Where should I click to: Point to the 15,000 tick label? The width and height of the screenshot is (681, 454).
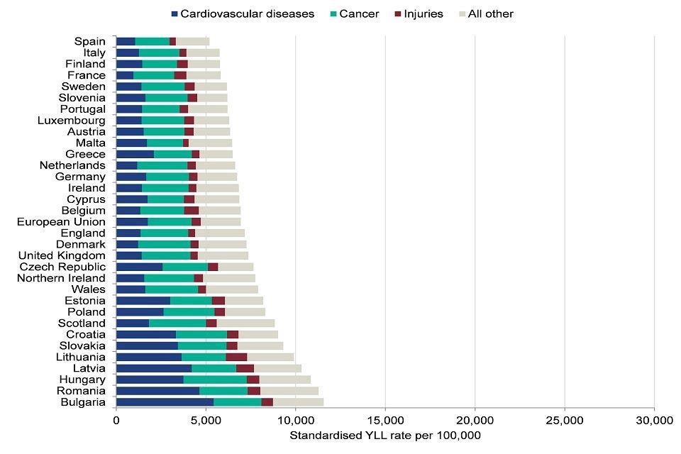385,420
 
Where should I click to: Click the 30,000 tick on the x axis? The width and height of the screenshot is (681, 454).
653,420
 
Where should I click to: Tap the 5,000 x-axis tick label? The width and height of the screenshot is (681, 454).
206,420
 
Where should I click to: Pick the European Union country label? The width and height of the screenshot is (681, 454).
61,222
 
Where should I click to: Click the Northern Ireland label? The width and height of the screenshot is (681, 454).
61,278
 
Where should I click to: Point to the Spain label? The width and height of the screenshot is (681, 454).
89,41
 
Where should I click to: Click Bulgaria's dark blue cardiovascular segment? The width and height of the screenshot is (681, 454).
165,402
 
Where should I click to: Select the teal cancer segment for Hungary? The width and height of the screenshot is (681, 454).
215,380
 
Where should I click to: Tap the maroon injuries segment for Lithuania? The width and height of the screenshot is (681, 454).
236,357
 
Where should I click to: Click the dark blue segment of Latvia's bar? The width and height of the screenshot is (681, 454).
153,368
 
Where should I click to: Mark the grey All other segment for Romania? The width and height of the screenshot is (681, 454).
289,391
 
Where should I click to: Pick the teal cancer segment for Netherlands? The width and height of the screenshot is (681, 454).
162,165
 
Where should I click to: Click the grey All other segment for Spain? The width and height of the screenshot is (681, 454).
192,41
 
